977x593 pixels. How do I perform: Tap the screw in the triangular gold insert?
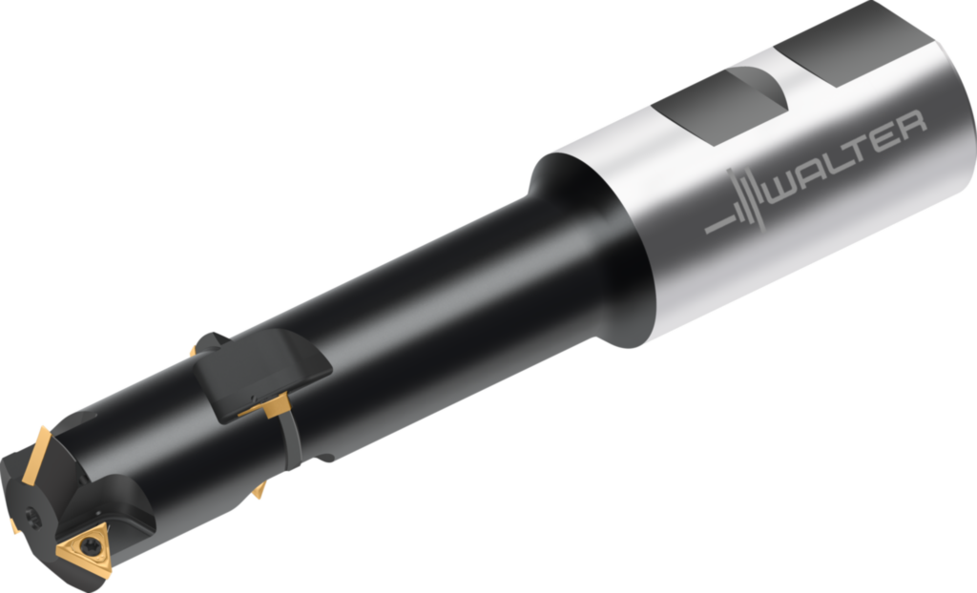[88, 547]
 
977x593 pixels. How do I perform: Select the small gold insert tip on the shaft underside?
[260, 490]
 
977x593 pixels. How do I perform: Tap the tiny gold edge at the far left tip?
[13, 523]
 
